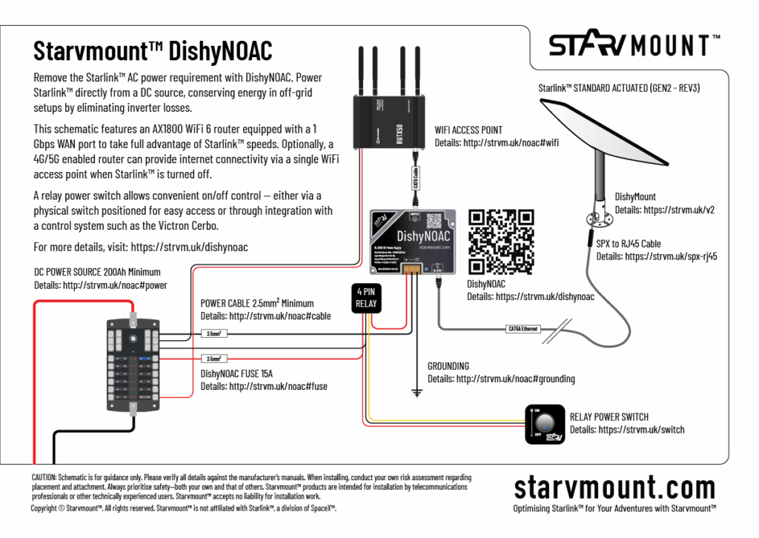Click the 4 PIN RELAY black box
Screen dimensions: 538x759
366,297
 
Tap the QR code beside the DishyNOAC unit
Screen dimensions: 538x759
501,241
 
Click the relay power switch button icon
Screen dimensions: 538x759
546,424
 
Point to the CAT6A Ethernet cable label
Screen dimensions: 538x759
523,328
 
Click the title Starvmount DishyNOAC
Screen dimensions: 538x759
153,50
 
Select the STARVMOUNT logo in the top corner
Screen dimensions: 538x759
634,45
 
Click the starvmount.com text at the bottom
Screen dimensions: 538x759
614,488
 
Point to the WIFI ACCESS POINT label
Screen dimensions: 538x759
468,130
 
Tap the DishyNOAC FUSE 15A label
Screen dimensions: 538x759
237,373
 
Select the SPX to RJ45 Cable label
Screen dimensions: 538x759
629,244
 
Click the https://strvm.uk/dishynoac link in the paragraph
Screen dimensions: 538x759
188,247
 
